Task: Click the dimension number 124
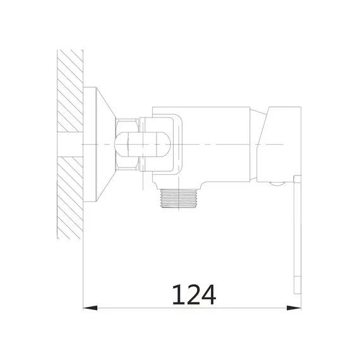point(194,295)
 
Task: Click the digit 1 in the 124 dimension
point(177,295)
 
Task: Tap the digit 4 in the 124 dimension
point(208,295)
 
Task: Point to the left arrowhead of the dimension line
point(90,308)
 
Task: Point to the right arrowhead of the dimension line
point(294,308)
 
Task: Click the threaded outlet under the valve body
point(179,198)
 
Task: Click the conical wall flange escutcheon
point(99,145)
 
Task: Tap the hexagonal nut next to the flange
point(128,145)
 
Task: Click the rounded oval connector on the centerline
point(143,145)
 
